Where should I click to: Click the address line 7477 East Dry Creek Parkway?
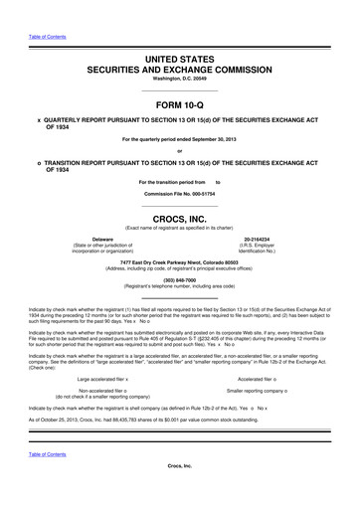pyautogui.click(x=179, y=262)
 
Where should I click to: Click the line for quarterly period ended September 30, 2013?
pyautogui.click(x=179, y=140)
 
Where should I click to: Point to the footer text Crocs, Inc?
pyautogui.click(x=179, y=493)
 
